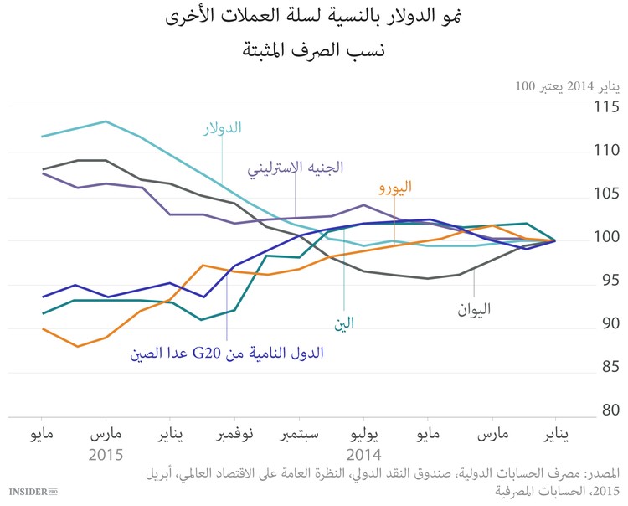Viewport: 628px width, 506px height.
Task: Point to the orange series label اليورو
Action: coord(394,188)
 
